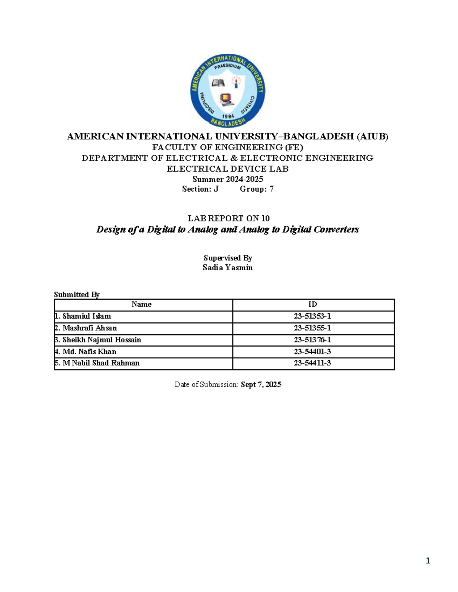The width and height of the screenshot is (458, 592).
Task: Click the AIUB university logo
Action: pos(228,91)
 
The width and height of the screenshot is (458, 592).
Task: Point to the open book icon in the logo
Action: pos(218,83)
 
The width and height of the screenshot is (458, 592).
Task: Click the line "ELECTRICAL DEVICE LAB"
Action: pos(227,168)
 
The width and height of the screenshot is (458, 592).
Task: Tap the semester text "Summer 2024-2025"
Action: pos(227,179)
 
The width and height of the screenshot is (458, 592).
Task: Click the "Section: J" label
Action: pos(200,189)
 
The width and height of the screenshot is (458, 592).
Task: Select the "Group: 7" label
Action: pos(256,189)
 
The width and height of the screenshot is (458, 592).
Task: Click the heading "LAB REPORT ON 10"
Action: pos(228,218)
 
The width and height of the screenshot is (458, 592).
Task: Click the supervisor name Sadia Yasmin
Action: pos(227,268)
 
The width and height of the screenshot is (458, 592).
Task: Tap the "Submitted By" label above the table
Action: pos(77,294)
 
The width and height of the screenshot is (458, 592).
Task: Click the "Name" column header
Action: pos(142,304)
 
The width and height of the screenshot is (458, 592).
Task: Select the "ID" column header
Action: pos(313,304)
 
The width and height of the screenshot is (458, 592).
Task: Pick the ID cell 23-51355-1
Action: pos(312,328)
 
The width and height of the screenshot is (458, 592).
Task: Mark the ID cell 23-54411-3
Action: pos(312,363)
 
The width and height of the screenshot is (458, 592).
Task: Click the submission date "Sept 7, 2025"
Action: pos(261,384)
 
